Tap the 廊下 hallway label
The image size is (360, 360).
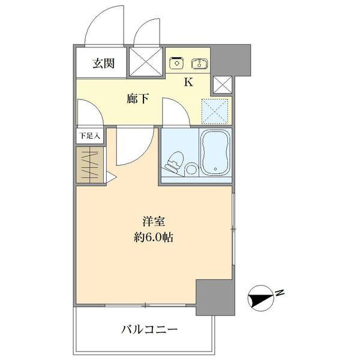(x=137, y=98)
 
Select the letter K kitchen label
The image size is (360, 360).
(x=188, y=83)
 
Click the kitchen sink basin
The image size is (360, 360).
(x=199, y=62)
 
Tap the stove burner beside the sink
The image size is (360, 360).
(x=176, y=62)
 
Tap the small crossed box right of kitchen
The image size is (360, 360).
(x=222, y=85)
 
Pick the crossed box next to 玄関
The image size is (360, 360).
(x=146, y=62)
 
